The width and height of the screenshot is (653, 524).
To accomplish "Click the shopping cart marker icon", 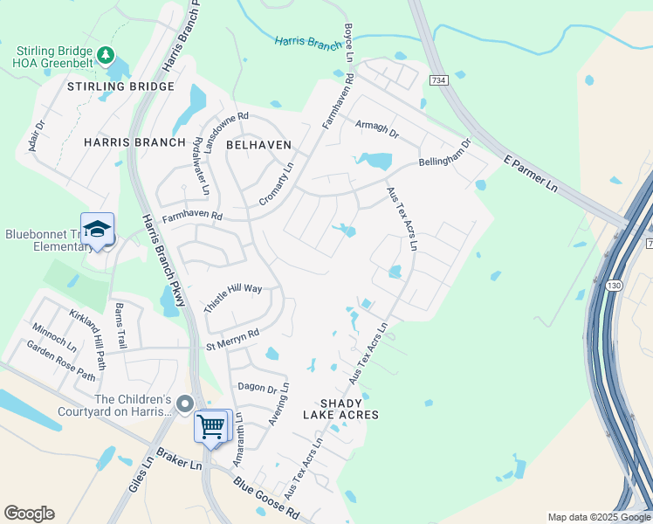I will (x=211, y=427).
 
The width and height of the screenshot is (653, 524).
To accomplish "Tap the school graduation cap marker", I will (x=97, y=230).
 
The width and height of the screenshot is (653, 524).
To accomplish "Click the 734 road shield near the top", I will (x=438, y=80).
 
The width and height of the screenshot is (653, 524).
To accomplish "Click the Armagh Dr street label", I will (x=376, y=129).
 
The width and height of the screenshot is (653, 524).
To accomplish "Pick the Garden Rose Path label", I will (x=60, y=362).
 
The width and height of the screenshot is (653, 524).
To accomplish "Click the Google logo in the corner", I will (x=29, y=514).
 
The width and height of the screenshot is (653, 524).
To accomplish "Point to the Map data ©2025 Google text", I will (x=598, y=517).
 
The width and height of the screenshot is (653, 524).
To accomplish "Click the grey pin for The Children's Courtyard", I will (x=184, y=403).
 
